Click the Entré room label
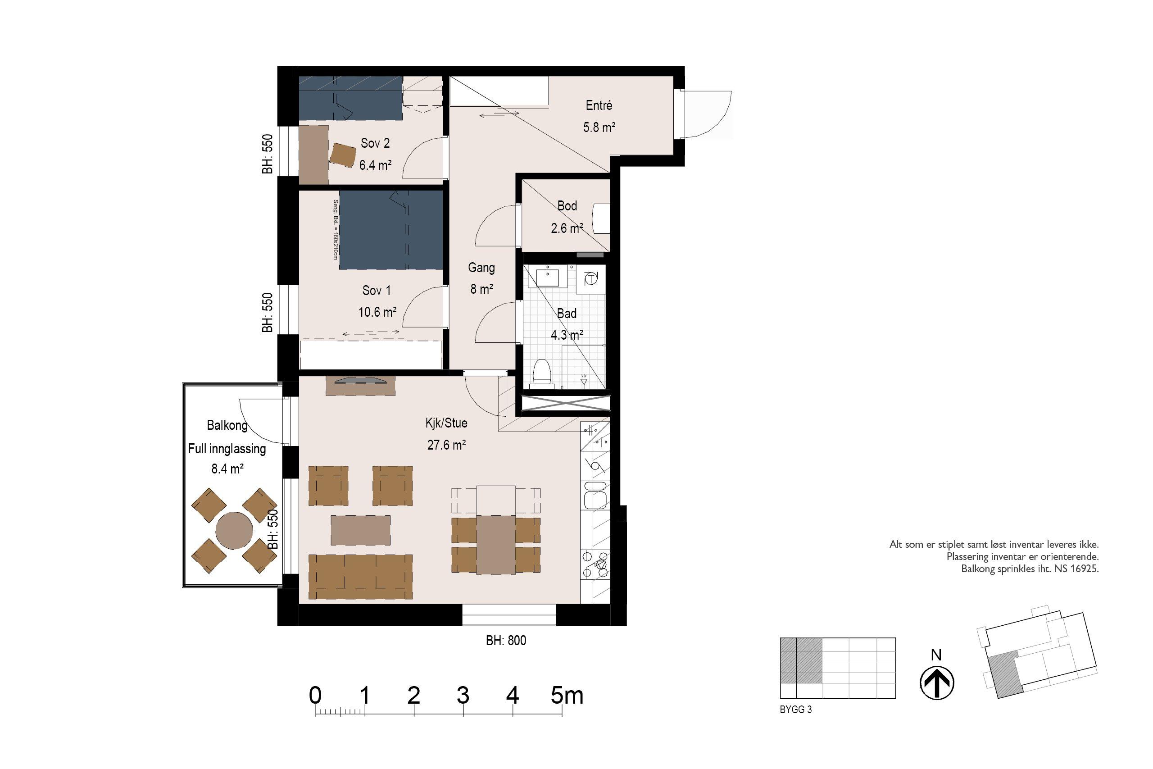(x=599, y=105)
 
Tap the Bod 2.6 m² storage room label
(x=567, y=217)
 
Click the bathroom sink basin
(x=548, y=277)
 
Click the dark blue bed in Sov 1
(x=390, y=229)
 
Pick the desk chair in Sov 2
(x=343, y=155)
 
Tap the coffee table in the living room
(x=360, y=530)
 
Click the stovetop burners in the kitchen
(x=595, y=565)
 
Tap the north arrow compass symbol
(x=936, y=682)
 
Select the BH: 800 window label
(x=506, y=641)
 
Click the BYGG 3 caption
(x=796, y=710)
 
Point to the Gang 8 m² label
(x=481, y=278)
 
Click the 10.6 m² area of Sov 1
(x=377, y=312)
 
